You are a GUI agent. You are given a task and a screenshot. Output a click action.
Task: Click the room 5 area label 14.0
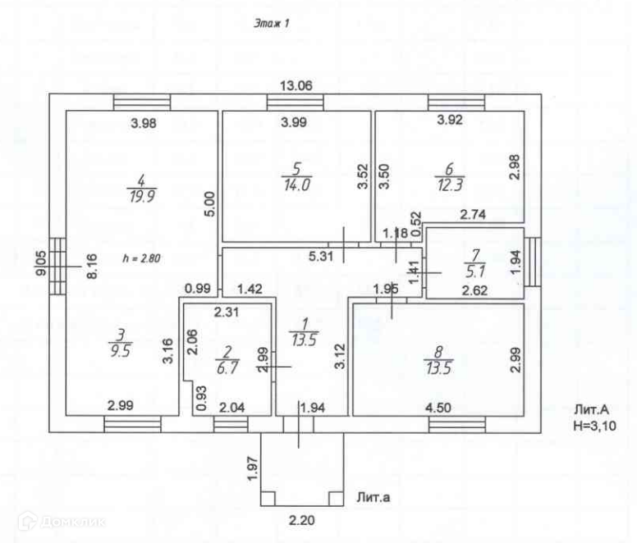pyautogui.click(x=293, y=185)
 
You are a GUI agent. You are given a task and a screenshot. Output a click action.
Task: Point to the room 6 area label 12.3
pyautogui.click(x=447, y=185)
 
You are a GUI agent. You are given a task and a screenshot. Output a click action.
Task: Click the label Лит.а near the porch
pyautogui.click(x=374, y=498)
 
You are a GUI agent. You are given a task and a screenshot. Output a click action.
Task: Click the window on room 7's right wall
pyautogui.click(x=532, y=261)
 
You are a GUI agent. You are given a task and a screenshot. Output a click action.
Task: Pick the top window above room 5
pyautogui.click(x=295, y=103)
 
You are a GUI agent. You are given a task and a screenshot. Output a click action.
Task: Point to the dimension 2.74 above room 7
pyautogui.click(x=472, y=215)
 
